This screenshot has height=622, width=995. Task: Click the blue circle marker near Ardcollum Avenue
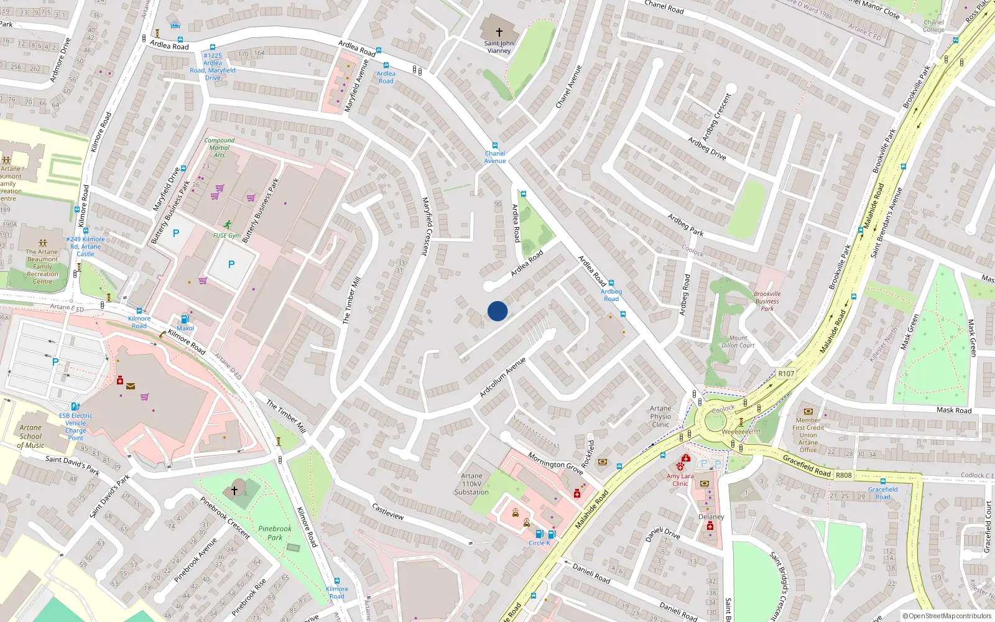tap(497, 311)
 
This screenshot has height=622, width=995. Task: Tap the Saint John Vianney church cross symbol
tap(499, 32)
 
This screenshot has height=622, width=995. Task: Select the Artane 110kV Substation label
tap(471, 484)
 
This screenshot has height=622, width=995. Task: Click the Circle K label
tap(539, 543)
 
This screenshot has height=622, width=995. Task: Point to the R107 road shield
tap(786, 374)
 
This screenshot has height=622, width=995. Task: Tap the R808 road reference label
tap(844, 475)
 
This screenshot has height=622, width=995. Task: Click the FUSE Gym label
tap(227, 236)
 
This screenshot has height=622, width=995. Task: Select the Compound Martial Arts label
tap(220, 147)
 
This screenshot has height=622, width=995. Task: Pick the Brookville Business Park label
tap(767, 301)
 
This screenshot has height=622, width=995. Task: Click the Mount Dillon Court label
tap(738, 341)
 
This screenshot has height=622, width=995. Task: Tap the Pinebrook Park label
tap(275, 533)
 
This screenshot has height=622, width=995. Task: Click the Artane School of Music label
tap(30, 436)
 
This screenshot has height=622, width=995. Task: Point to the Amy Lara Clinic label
tap(680, 480)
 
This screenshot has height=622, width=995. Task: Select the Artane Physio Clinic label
tap(660, 417)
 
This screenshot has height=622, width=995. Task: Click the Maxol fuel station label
tap(185, 328)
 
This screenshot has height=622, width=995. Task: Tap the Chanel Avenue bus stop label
tap(495, 157)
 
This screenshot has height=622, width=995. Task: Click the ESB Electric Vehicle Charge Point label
tap(76, 427)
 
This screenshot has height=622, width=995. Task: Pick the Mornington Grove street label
tap(555, 463)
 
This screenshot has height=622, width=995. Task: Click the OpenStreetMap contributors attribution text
tap(947, 616)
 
